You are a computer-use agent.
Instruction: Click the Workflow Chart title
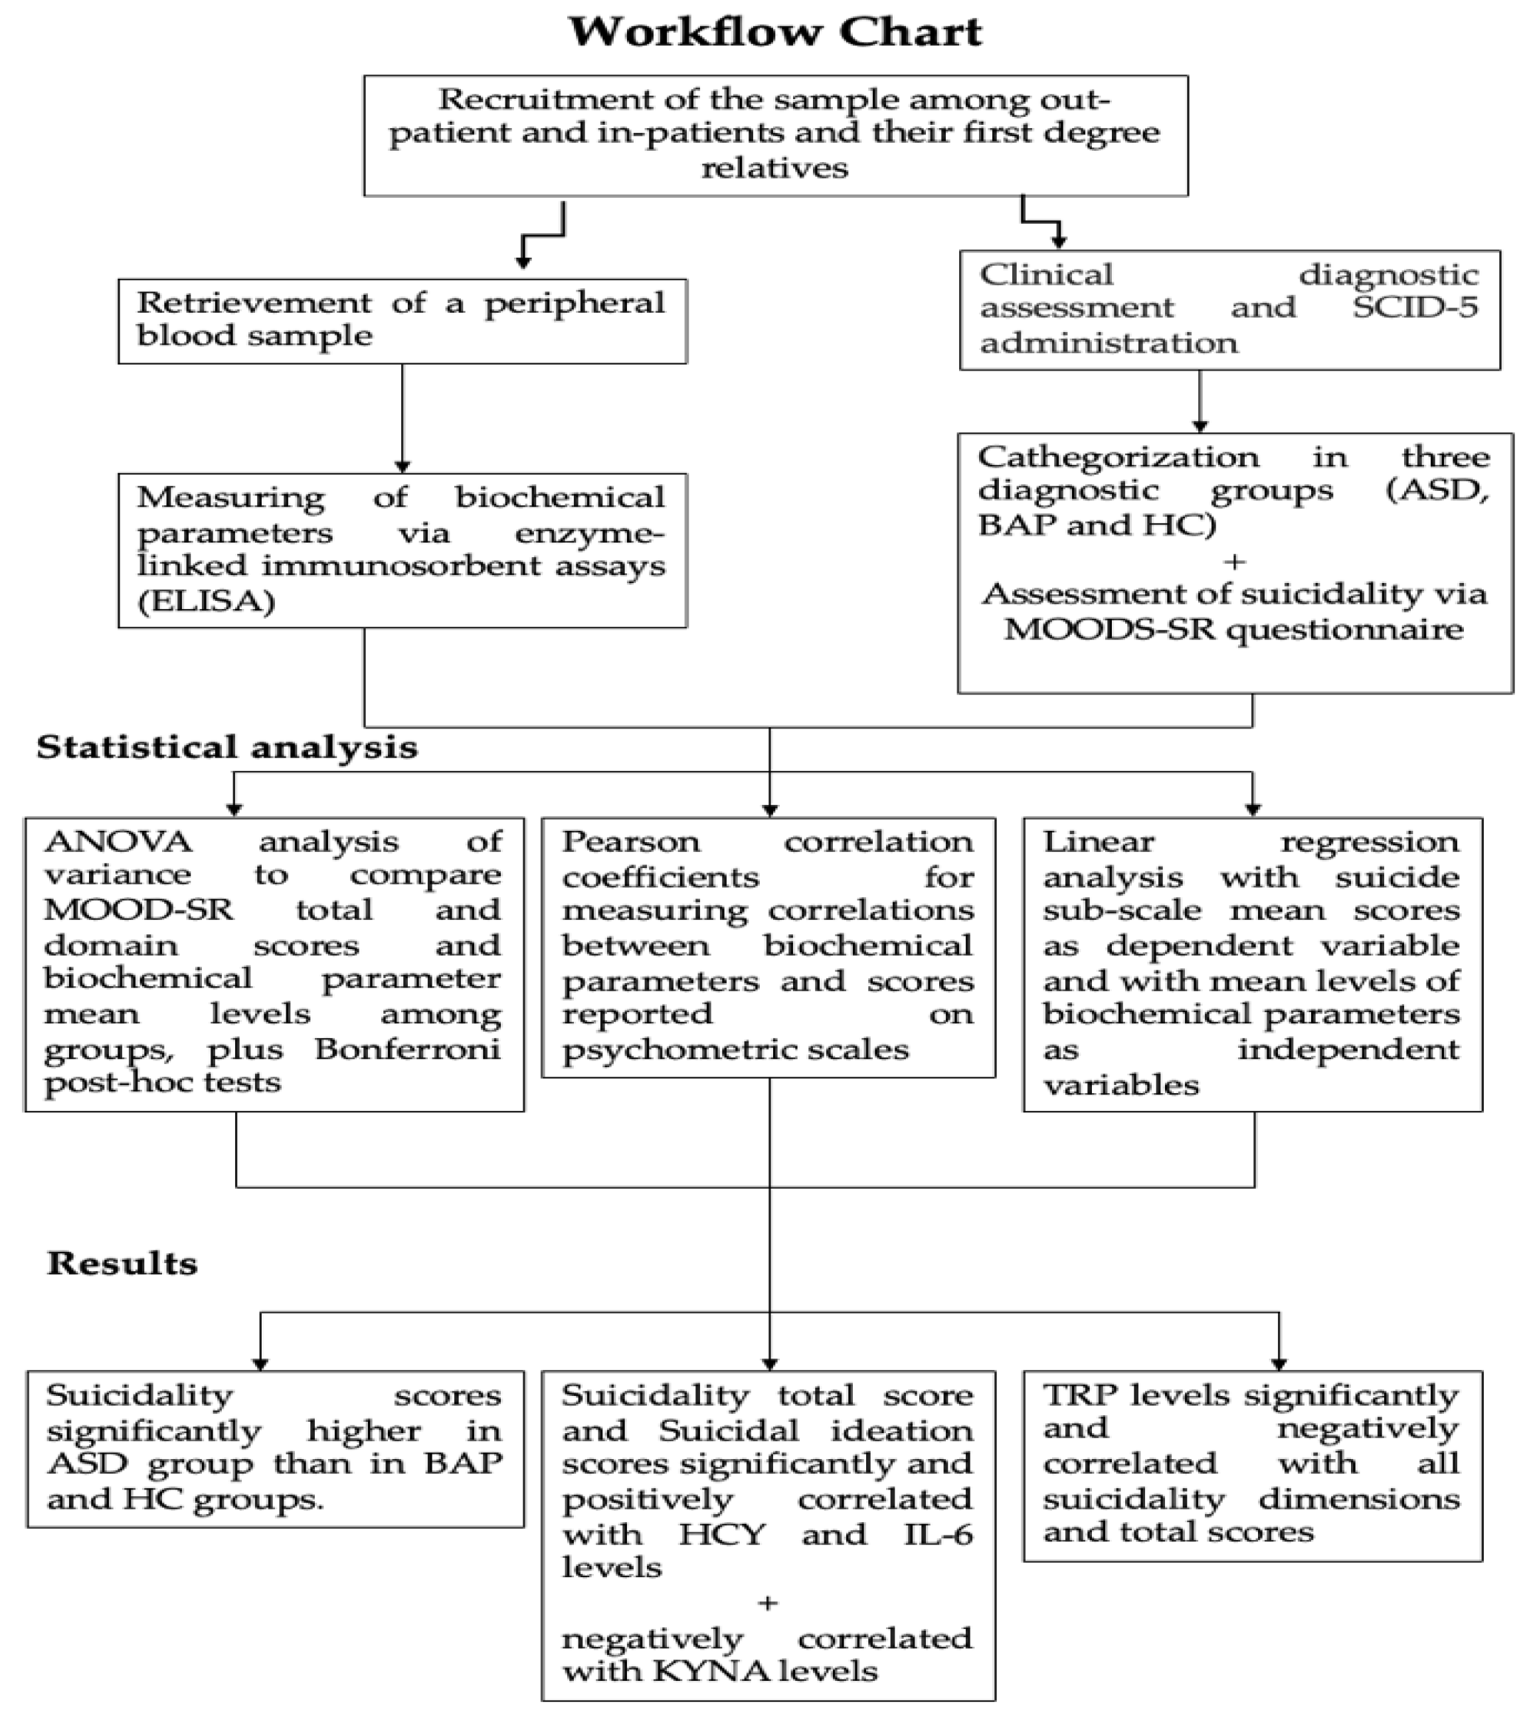coord(774,33)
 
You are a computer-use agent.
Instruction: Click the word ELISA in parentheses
coord(207,602)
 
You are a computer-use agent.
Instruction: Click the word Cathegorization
coord(1119,457)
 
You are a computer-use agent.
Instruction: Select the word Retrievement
coord(254,302)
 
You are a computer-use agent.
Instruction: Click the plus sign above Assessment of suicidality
coord(1235,560)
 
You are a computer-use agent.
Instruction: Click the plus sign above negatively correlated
coord(767,1602)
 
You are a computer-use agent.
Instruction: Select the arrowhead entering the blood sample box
coord(523,263)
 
